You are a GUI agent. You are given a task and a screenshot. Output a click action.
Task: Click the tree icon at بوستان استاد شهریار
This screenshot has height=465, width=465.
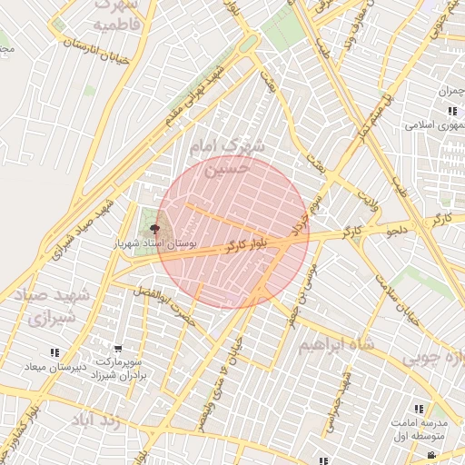point(153,229)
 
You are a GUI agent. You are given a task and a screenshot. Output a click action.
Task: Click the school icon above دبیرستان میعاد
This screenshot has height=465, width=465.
point(54,352)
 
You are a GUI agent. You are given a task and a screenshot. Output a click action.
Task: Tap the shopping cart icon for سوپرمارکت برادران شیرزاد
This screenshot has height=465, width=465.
point(118,349)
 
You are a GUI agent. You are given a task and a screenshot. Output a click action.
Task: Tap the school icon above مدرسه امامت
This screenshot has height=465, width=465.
point(419,410)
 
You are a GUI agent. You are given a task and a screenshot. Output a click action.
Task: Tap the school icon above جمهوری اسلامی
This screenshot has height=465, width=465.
point(451,111)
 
